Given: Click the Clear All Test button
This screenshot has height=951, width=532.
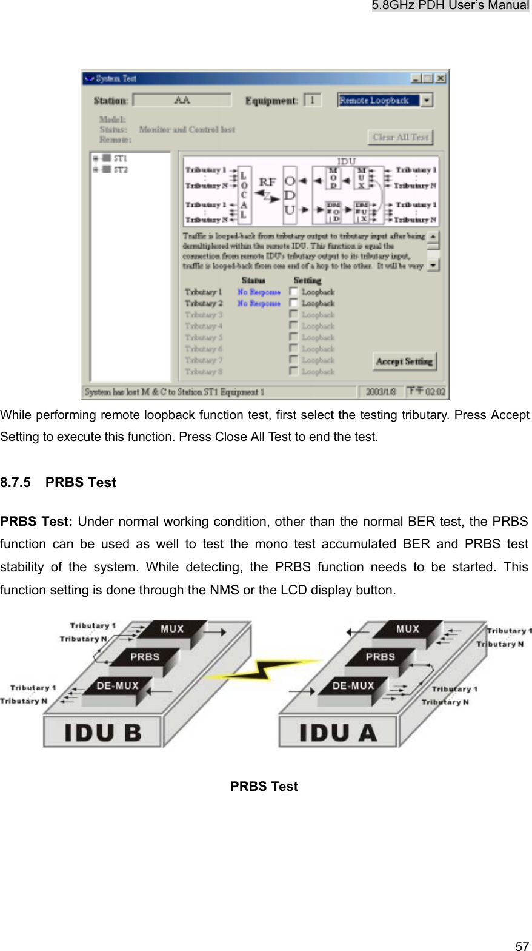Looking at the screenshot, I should point(400,137).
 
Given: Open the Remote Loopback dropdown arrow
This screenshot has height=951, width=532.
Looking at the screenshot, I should point(427,101).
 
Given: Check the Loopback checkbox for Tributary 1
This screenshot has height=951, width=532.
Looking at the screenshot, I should point(294,292).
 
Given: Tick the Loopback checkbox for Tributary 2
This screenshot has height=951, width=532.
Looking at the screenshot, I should point(294,303).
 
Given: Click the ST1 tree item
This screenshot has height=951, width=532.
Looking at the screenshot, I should point(121,159).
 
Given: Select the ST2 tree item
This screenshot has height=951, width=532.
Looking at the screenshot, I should point(121,170).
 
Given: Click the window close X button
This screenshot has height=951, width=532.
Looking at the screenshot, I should point(441,79).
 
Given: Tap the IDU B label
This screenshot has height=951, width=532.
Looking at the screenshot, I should point(102,733).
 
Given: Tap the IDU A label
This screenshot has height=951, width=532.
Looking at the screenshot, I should point(337,733).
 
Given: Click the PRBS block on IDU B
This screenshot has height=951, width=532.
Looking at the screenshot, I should point(145,657).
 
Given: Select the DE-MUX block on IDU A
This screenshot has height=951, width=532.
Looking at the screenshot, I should point(353,686).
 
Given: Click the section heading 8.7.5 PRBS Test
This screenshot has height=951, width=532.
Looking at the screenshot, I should point(58,483).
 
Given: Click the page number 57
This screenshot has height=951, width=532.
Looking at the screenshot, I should point(522,946).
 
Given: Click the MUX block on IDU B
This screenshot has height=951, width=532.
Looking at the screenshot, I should point(172,630).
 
